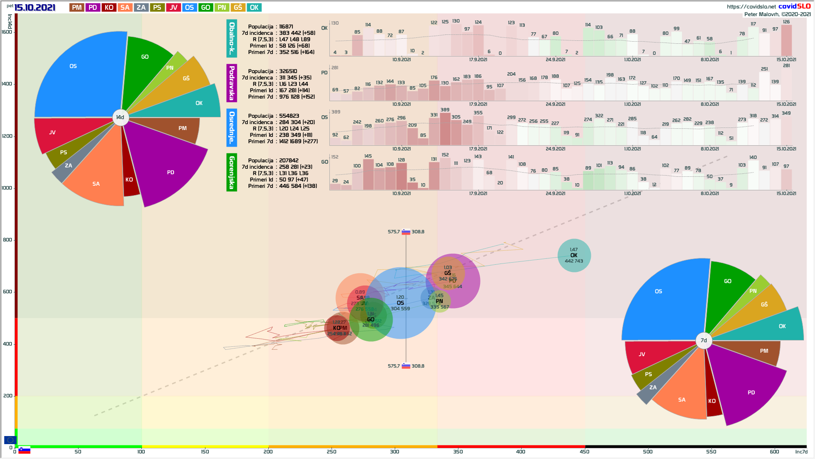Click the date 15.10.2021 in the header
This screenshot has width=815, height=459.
(x=35, y=8)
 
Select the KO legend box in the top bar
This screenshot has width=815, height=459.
(x=109, y=8)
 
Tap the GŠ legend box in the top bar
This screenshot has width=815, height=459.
(x=238, y=8)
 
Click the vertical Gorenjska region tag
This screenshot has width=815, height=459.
(x=231, y=173)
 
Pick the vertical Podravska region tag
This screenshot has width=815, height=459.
(x=231, y=83)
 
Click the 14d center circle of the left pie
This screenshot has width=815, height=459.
(x=120, y=117)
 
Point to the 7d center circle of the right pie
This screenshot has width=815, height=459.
(x=703, y=340)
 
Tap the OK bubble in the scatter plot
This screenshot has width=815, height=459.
(x=574, y=255)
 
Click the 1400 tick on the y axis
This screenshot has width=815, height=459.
(x=7, y=84)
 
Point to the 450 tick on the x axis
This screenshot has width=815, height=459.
(x=585, y=452)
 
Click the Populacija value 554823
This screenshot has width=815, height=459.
(x=289, y=116)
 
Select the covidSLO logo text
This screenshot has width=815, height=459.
(x=794, y=6)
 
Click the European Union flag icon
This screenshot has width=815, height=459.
(x=10, y=440)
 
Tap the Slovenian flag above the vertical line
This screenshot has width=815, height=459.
(x=406, y=232)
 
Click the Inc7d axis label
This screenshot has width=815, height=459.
(x=801, y=452)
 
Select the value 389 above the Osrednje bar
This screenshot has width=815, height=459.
(x=445, y=110)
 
